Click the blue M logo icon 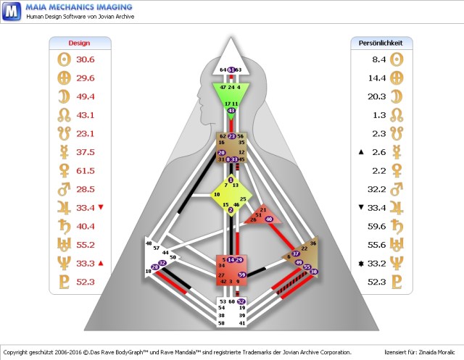(12, 12)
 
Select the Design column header (78, 43)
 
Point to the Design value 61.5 (86, 171)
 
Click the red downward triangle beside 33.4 (101, 208)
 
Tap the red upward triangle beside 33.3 (101, 263)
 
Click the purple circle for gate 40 (269, 219)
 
